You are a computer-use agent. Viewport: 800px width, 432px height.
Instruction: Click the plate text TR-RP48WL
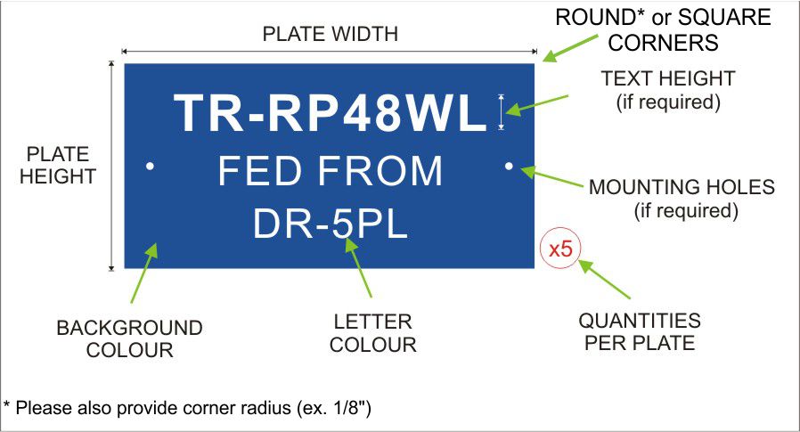331,113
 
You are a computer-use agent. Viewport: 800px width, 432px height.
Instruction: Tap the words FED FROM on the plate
331,171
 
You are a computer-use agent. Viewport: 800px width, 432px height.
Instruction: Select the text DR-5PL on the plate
331,224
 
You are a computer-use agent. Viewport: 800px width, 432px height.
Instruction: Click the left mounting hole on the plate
150,166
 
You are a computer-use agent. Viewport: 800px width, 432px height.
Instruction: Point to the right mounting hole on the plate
509,166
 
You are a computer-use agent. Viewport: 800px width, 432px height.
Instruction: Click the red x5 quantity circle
560,249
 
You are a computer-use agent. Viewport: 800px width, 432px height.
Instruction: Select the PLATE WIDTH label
331,34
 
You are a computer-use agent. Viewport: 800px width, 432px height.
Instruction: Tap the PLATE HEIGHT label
58,166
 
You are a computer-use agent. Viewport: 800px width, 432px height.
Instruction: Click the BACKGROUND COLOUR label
129,338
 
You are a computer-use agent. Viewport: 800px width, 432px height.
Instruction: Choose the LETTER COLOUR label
373,333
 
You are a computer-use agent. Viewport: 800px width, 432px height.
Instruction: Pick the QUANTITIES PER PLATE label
640,331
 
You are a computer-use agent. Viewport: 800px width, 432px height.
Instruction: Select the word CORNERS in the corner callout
664,43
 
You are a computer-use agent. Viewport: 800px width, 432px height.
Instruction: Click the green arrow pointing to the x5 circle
605,280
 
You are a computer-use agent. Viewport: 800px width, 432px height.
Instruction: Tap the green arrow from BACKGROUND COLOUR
144,273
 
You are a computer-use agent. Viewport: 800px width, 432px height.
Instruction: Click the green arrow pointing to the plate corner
570,48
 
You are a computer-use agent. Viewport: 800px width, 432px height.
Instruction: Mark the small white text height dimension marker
501,111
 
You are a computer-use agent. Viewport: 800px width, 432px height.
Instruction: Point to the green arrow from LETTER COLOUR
358,267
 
